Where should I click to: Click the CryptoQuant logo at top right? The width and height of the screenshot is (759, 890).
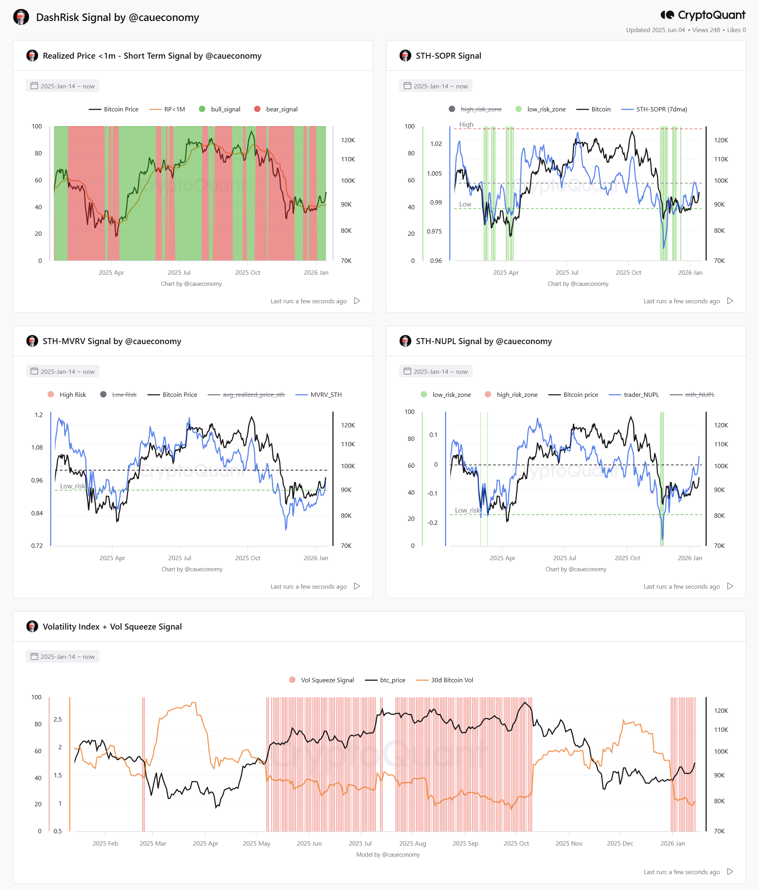[703, 15]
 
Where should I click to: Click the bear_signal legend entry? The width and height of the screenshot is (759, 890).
[276, 109]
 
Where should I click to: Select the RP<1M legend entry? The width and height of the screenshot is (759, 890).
[167, 109]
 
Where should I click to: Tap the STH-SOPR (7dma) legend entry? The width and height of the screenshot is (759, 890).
[654, 109]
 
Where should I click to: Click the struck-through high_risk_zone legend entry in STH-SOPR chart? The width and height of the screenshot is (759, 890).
[475, 109]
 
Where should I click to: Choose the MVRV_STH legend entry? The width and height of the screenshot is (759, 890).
[319, 394]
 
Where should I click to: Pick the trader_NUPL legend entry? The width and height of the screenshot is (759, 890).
[634, 394]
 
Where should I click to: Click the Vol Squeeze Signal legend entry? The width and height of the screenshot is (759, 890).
[322, 680]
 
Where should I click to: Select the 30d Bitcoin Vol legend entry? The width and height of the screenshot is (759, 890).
[445, 680]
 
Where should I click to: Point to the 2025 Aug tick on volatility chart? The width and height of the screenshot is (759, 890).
[412, 843]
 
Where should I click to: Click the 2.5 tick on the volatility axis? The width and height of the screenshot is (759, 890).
[57, 719]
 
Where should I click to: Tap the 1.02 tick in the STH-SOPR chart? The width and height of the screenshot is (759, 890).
[436, 144]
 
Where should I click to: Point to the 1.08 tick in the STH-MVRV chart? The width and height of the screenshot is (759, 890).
[37, 447]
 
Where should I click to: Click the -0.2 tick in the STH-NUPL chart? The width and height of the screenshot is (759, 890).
[432, 523]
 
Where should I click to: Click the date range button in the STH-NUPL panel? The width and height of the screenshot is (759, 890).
[435, 371]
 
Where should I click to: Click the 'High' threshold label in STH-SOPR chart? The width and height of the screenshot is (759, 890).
[466, 124]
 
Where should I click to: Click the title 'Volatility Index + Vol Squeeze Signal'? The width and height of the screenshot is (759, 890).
[112, 626]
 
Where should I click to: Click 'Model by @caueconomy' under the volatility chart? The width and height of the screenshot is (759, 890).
[388, 854]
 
